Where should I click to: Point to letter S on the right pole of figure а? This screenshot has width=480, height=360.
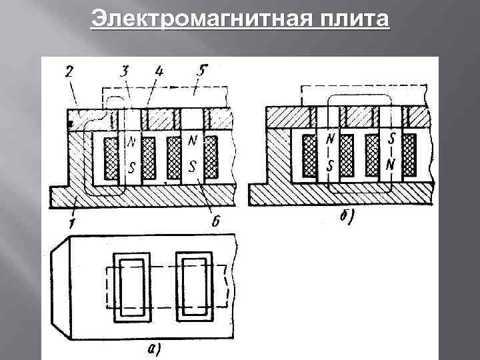(193, 164)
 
